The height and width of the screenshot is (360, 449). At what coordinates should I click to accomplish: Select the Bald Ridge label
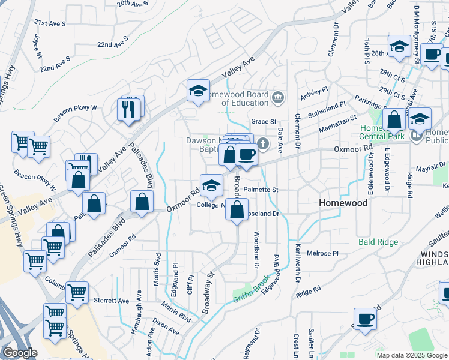[378, 242]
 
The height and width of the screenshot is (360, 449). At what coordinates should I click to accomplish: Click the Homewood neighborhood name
[343, 203]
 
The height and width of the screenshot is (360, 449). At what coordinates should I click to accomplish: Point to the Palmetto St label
[262, 190]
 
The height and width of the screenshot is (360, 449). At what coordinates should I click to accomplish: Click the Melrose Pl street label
[323, 253]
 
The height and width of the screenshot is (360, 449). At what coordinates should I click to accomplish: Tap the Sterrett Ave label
[112, 301]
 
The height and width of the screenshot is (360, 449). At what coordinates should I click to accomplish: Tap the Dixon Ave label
[166, 329]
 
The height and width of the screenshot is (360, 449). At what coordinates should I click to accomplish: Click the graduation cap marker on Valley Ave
[198, 91]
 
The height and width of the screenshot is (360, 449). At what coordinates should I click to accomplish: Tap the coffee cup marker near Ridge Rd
[364, 319]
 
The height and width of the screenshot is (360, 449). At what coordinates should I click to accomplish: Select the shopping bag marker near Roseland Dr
[237, 210]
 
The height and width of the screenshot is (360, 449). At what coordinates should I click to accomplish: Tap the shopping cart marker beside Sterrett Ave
[77, 293]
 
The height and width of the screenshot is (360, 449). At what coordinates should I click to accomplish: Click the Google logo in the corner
[20, 353]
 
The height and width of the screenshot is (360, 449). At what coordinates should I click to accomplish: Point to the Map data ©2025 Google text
[412, 355]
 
